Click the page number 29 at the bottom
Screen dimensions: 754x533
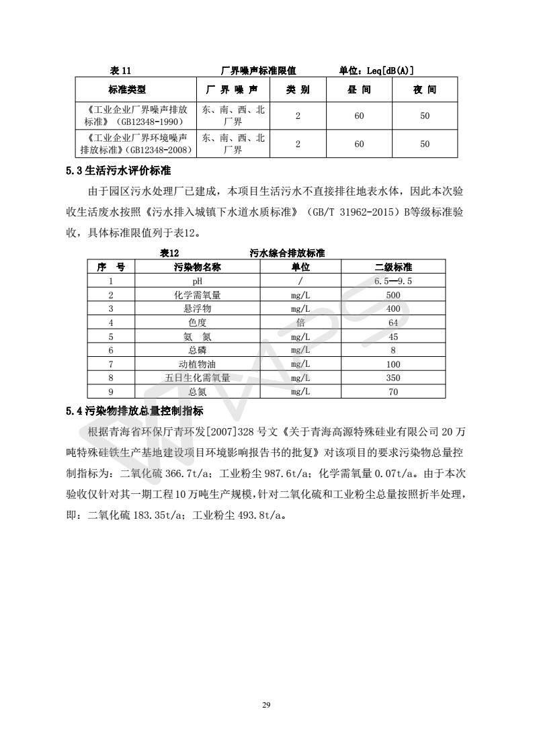pyautogui.click(x=266, y=705)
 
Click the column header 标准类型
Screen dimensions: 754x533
pyautogui.click(x=127, y=89)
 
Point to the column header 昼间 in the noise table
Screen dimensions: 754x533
pyautogui.click(x=359, y=89)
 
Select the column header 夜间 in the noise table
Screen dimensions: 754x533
pyautogui.click(x=425, y=89)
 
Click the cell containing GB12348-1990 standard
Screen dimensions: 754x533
pyautogui.click(x=134, y=116)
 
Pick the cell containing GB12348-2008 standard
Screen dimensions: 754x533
pyautogui.click(x=134, y=144)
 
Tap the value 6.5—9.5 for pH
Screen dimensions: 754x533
pyautogui.click(x=393, y=281)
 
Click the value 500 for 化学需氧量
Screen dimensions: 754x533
pyautogui.click(x=393, y=295)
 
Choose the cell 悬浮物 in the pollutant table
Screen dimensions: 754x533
pyautogui.click(x=198, y=309)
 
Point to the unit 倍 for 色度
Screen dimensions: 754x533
pyautogui.click(x=300, y=323)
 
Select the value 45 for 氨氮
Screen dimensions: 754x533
pyautogui.click(x=393, y=337)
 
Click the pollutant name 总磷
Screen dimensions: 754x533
pyautogui.click(x=198, y=350)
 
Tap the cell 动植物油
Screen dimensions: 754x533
pyautogui.click(x=198, y=364)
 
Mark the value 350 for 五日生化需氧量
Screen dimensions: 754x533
pyautogui.click(x=393, y=378)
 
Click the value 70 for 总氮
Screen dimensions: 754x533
pyautogui.click(x=393, y=392)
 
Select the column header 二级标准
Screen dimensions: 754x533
pyautogui.click(x=393, y=267)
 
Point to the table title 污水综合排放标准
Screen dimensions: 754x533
pyautogui.click(x=287, y=253)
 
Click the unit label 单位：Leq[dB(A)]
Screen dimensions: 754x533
pyautogui.click(x=376, y=70)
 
